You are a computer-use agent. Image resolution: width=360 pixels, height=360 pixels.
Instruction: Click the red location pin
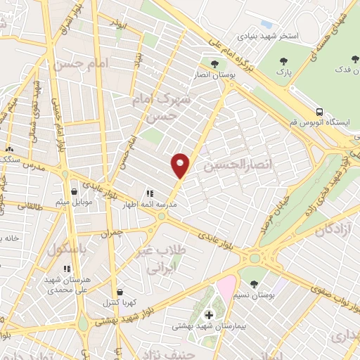pos(181,165)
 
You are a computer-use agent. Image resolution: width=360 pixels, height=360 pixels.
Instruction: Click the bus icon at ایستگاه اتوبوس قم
pos(320,112)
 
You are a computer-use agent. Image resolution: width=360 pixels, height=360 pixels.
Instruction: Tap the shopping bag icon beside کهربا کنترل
pos(119,292)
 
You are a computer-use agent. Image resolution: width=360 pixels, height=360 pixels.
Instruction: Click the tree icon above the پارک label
pos(283,62)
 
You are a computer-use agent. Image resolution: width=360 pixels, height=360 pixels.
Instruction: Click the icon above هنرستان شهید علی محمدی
pos(66,268)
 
